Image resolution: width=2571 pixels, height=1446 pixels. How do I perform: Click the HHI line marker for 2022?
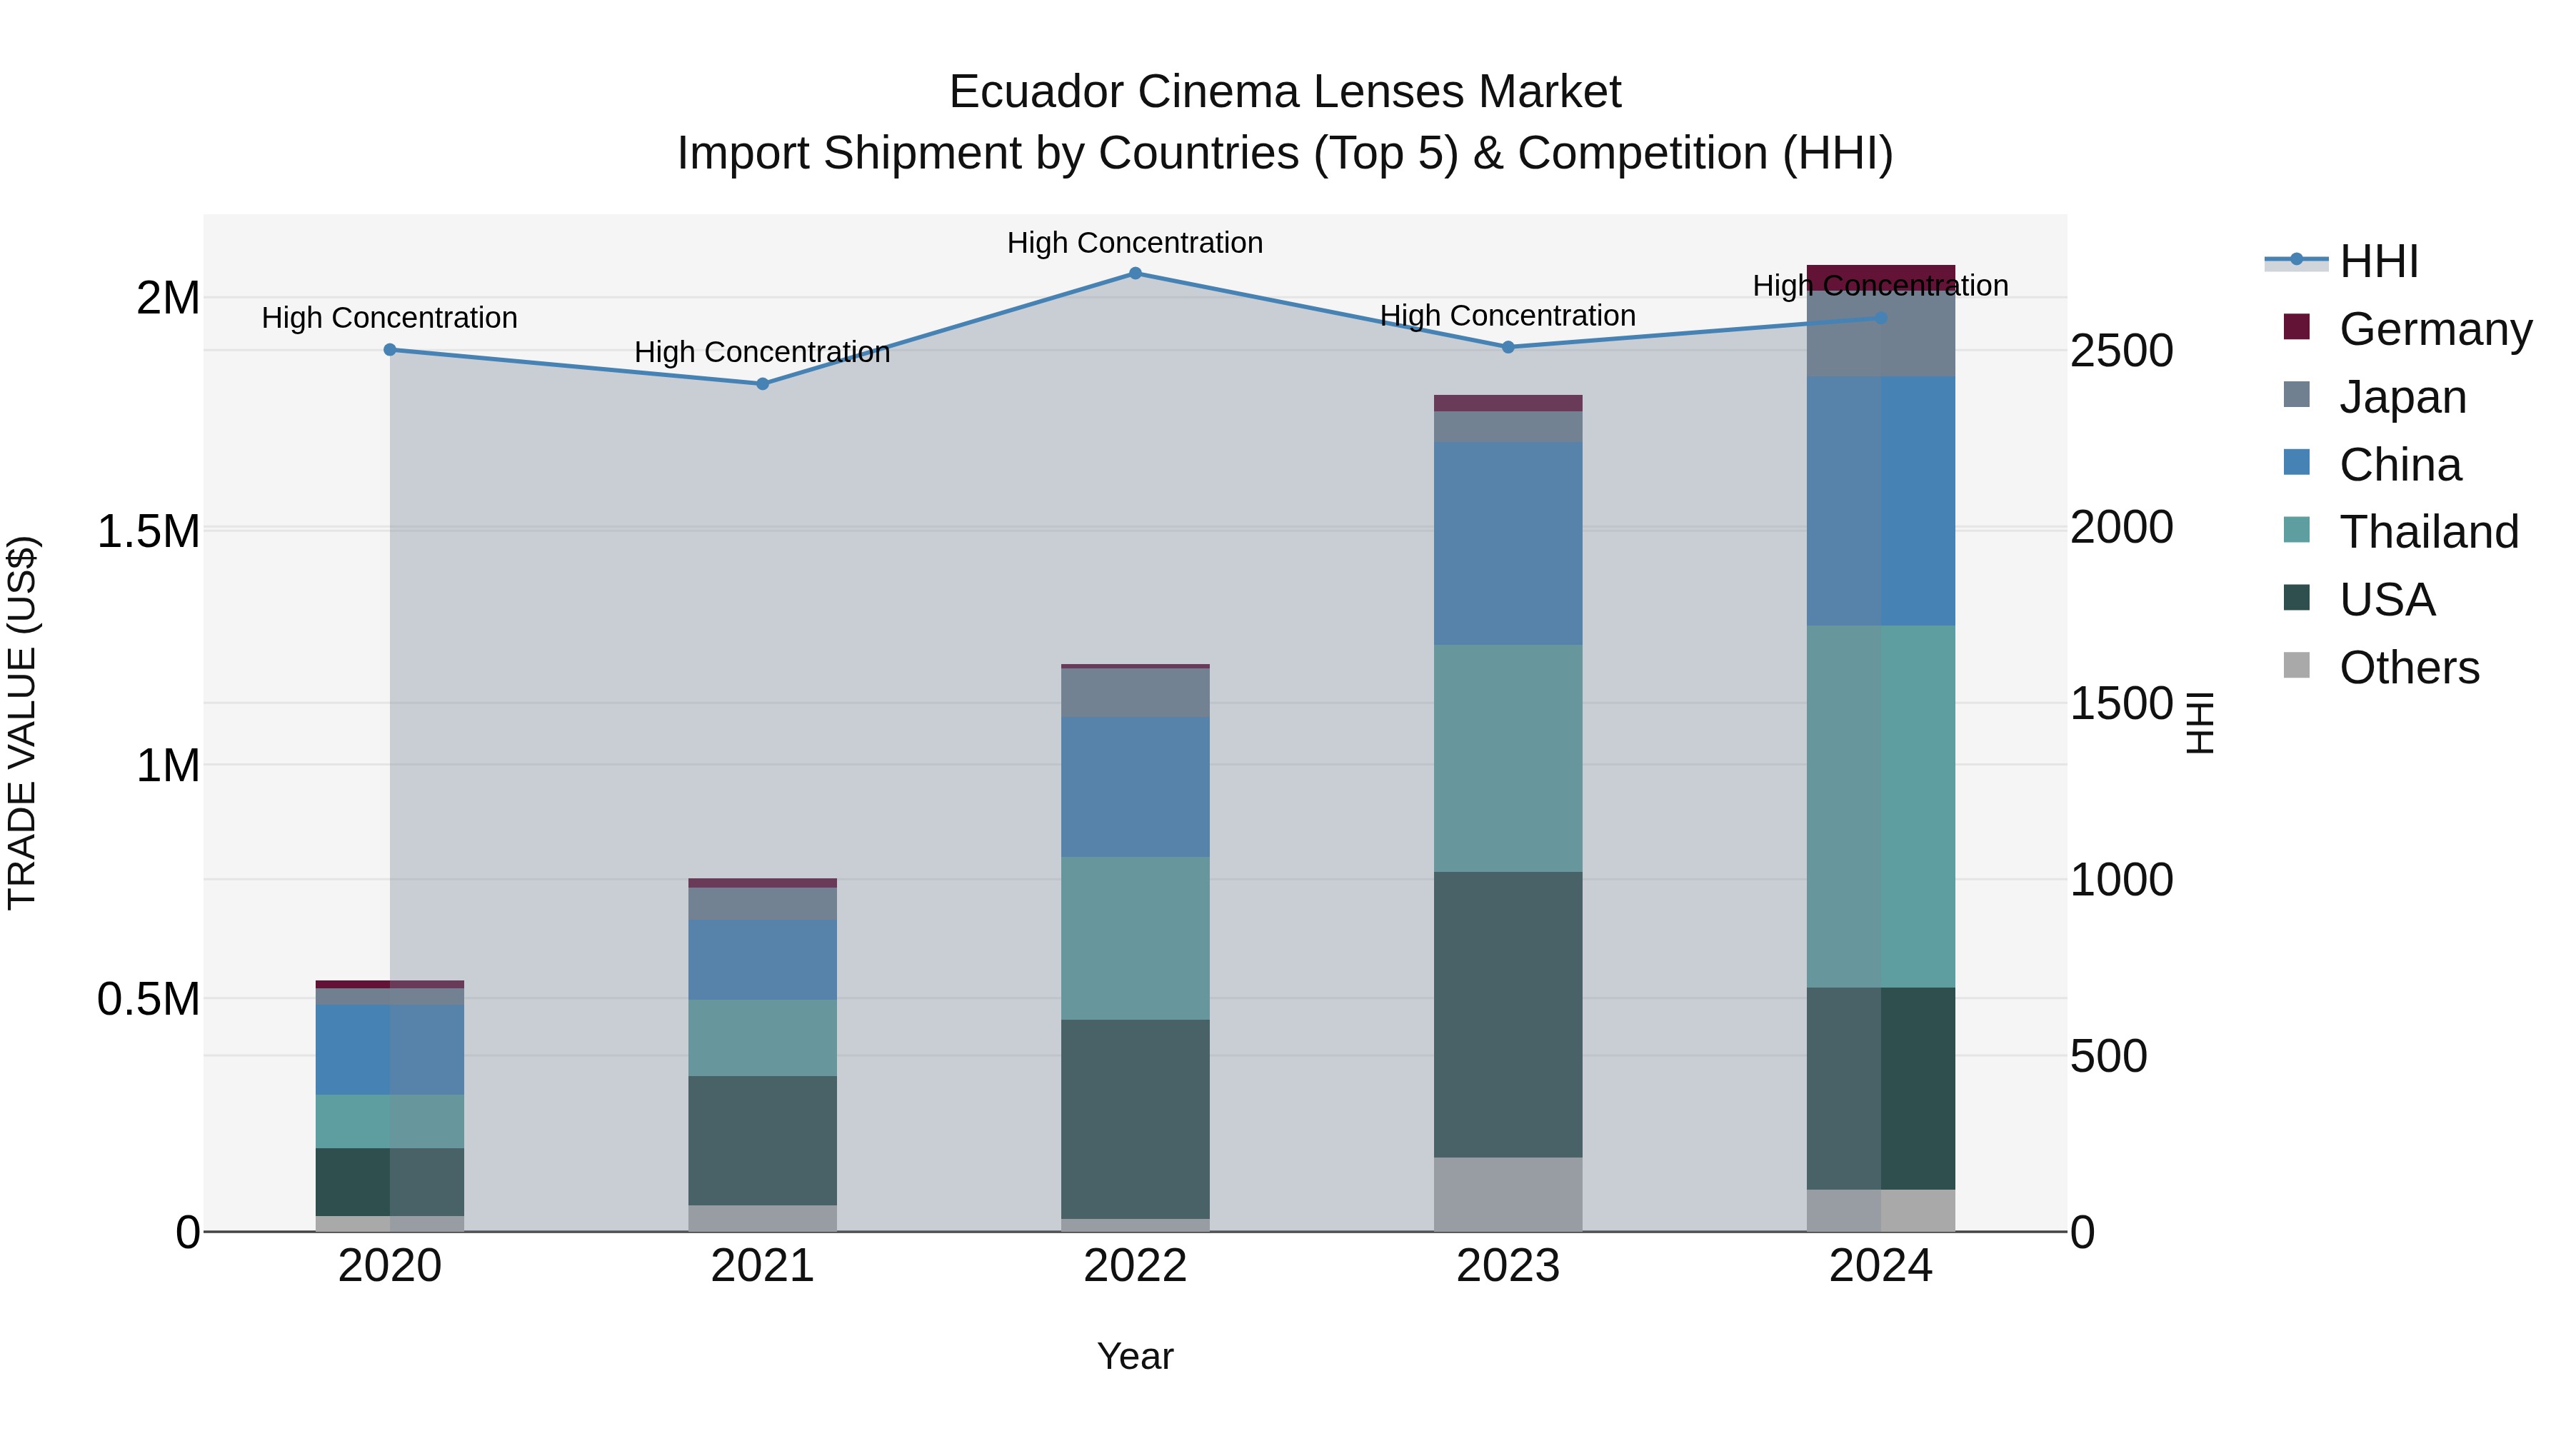pyautogui.click(x=1135, y=273)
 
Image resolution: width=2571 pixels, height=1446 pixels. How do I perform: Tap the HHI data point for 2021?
pyautogui.click(x=763, y=384)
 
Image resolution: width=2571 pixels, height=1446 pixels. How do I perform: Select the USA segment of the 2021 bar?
pyautogui.click(x=763, y=1140)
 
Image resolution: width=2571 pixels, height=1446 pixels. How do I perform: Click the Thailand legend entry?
pyautogui.click(x=2427, y=532)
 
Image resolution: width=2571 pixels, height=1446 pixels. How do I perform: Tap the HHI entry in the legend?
pyautogui.click(x=2378, y=261)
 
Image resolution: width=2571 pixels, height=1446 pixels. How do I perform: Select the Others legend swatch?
pyautogui.click(x=2297, y=666)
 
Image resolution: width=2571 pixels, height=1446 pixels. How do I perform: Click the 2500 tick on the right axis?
pyautogui.click(x=2121, y=351)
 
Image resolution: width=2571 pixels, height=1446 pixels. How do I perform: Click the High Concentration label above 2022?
pyautogui.click(x=1135, y=243)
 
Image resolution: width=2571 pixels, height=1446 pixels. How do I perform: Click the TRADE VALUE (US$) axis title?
pyautogui.click(x=23, y=723)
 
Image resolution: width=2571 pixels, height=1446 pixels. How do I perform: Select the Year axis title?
pyautogui.click(x=1135, y=1356)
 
